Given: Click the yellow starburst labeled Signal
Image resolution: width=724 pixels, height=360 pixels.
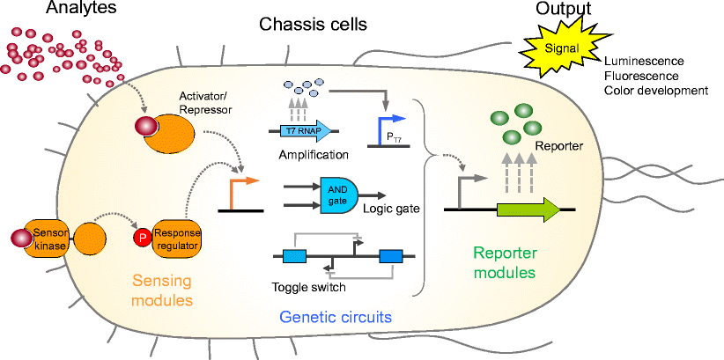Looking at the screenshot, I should coord(561,50).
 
